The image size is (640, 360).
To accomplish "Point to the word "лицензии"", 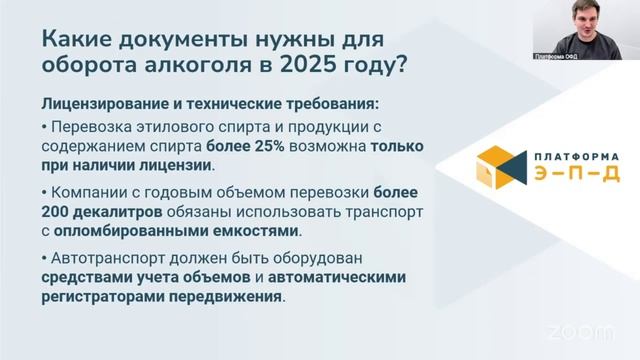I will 180,165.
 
